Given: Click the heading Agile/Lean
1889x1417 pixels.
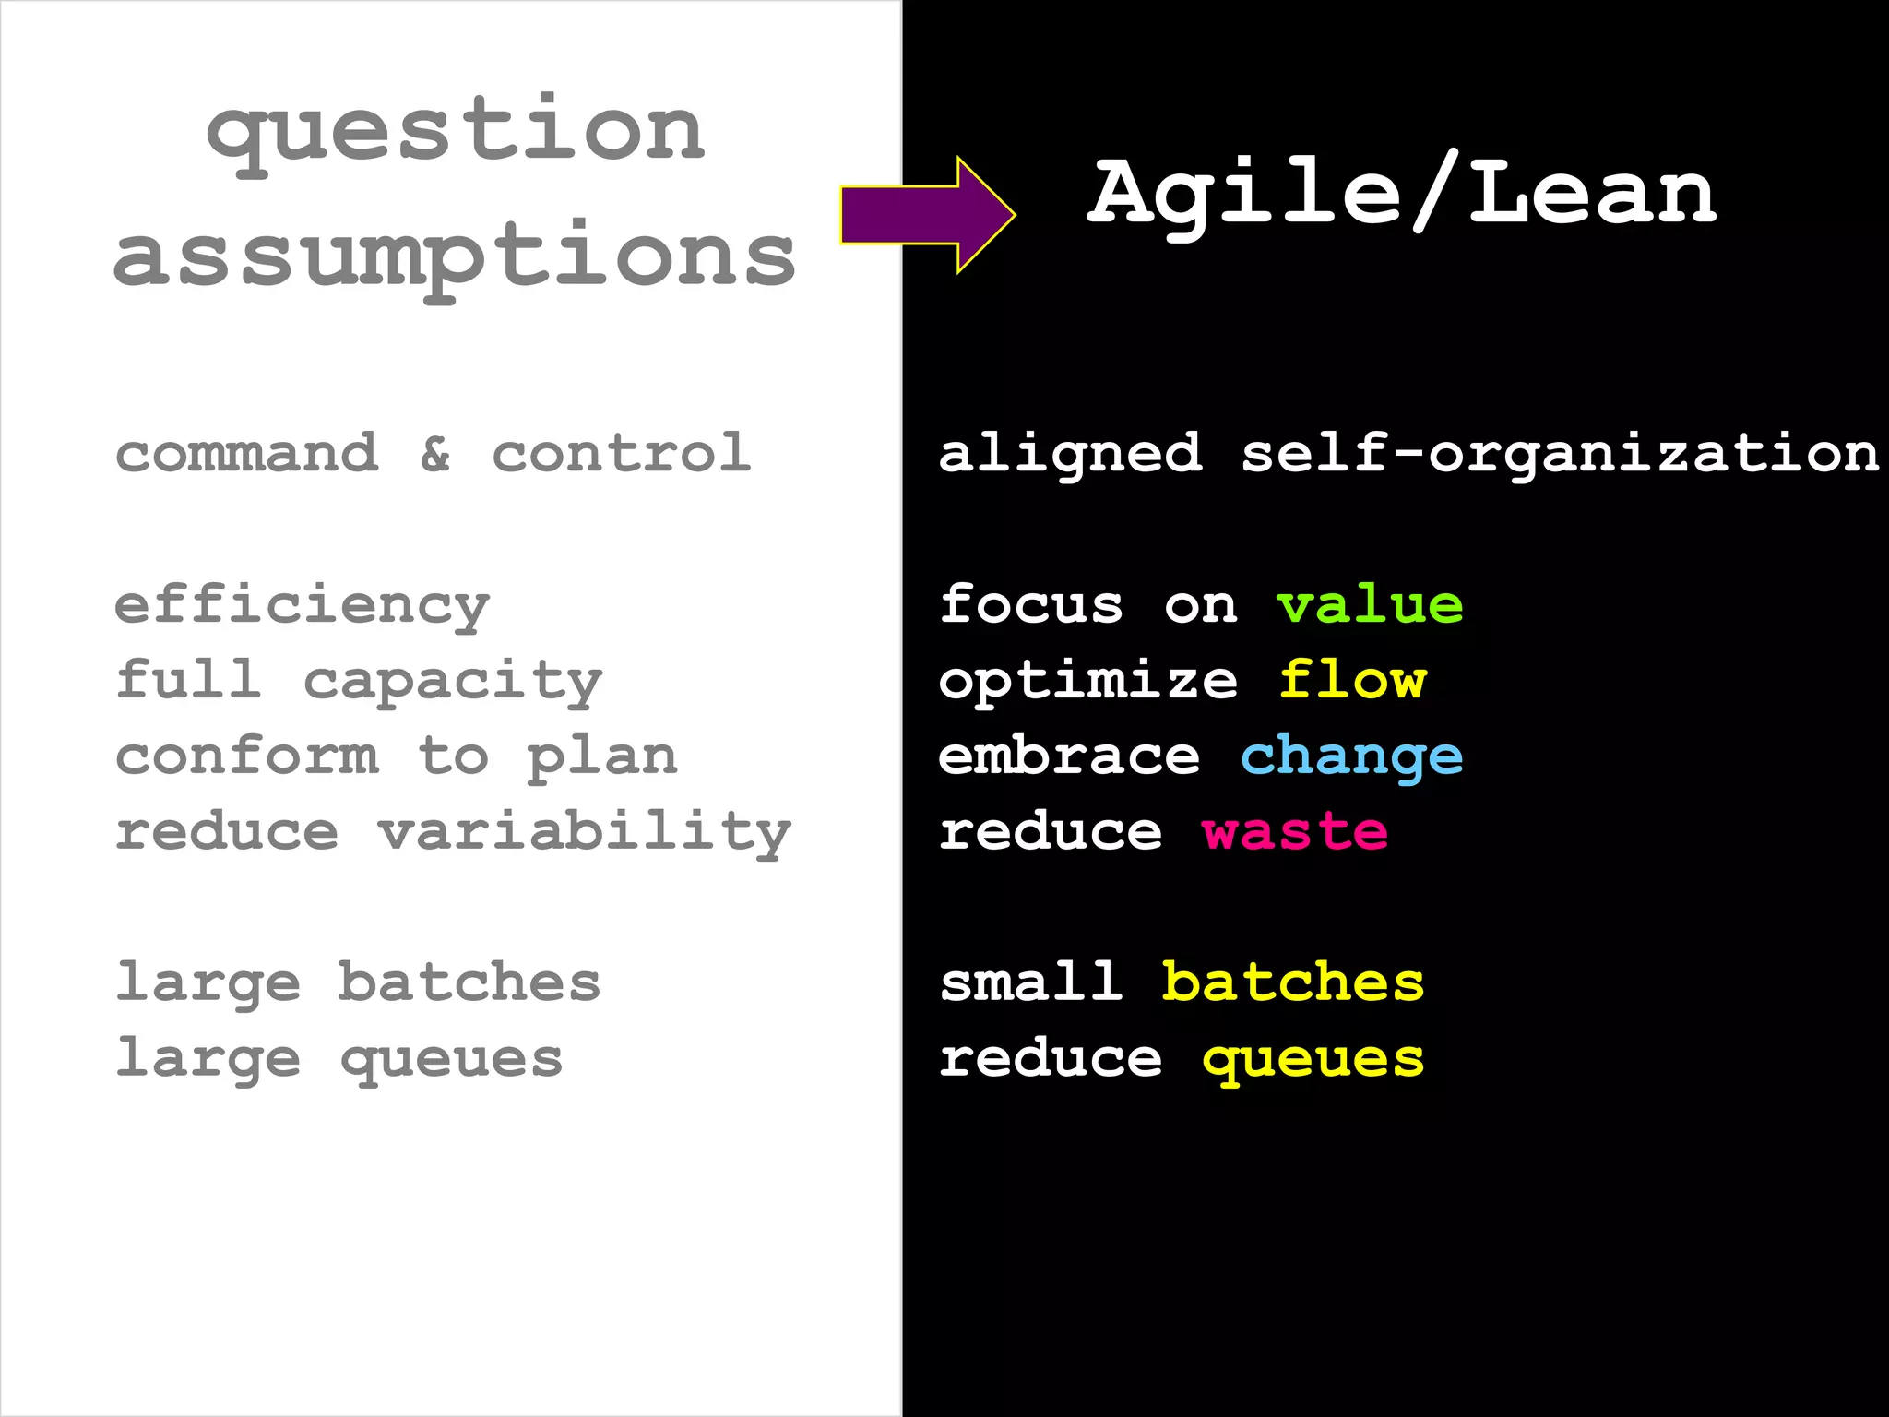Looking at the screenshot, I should coord(1401,194).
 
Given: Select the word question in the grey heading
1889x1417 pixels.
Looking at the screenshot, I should coord(456,132).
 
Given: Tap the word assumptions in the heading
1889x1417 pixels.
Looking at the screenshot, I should coord(455,256).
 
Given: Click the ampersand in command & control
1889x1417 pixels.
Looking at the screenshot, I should coord(435,454).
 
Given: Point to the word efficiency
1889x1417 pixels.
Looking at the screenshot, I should coord(302,607).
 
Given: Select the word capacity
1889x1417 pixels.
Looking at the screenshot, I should coord(453,684).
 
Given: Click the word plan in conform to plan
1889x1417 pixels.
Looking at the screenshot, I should coord(602,759).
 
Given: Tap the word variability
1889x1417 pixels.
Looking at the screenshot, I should coord(585,834).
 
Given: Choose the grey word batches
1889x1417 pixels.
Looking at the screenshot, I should coord(469,982).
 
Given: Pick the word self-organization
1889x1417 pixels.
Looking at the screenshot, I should coord(1560,455).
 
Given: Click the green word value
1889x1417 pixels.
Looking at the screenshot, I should coord(1370,606).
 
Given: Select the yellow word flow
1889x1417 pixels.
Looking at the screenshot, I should coord(1352,682).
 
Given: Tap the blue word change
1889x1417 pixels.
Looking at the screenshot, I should coord(1351,758).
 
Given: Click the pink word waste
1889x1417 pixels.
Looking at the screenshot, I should coord(1295,833).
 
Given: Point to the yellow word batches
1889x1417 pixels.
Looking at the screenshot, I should coord(1292,982).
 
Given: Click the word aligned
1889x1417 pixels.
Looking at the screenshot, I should coord(1070,455).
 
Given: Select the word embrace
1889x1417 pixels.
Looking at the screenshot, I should coord(1069,757).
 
